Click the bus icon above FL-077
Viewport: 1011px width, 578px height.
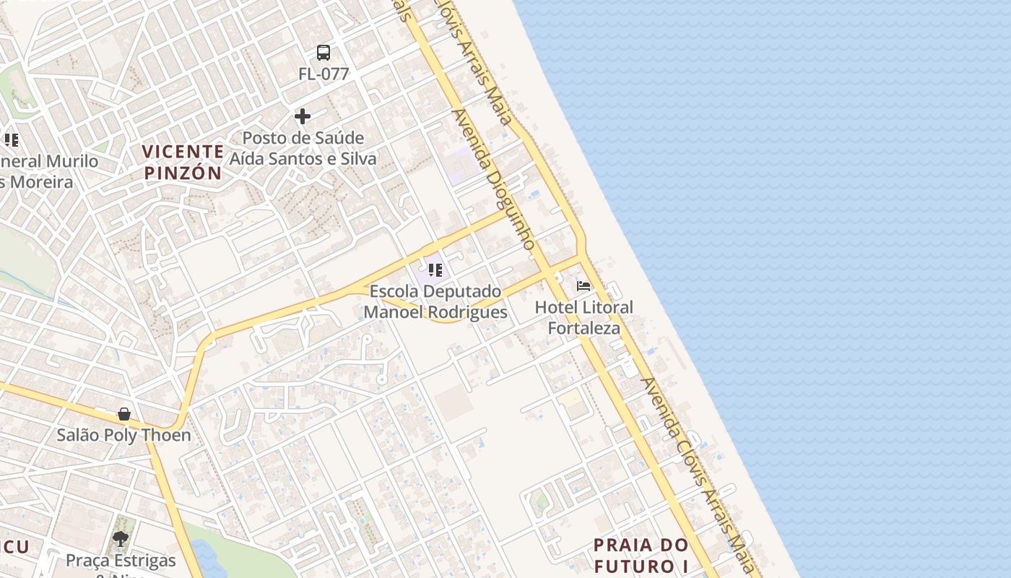[x=324, y=53]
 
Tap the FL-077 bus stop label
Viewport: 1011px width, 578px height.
[x=324, y=74]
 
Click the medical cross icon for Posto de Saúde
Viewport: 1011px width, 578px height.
[x=303, y=116]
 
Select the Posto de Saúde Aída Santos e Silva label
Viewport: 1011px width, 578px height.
[x=303, y=148]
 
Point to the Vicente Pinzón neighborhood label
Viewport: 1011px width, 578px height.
[x=183, y=162]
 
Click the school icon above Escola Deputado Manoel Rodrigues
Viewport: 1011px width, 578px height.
[x=435, y=270]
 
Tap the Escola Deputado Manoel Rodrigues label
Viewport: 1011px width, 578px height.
[x=435, y=302]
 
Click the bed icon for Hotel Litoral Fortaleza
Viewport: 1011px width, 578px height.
[x=583, y=286]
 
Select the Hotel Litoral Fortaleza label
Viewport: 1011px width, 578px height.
[x=583, y=317]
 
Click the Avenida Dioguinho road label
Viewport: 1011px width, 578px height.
[x=494, y=179]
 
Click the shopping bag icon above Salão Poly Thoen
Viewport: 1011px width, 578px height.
[x=124, y=414]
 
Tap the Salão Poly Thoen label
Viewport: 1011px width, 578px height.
[x=124, y=435]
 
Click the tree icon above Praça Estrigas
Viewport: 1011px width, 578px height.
[x=121, y=539]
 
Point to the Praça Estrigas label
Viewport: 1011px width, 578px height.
[x=121, y=561]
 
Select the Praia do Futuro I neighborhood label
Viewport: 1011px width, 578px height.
[x=641, y=554]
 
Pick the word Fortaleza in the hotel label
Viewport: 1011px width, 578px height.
[x=583, y=328]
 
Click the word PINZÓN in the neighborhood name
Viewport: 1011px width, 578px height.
[x=183, y=173]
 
